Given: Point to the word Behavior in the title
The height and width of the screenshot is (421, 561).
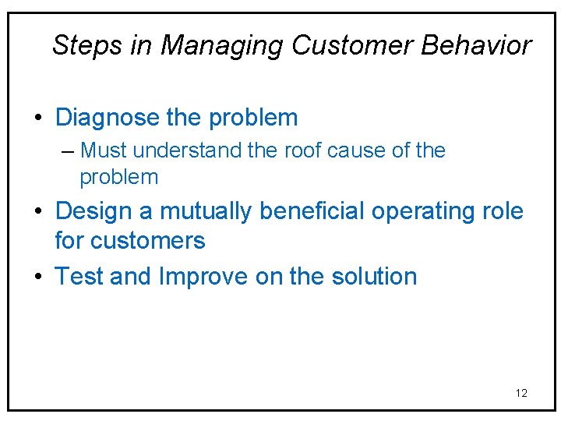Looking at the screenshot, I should (x=476, y=45).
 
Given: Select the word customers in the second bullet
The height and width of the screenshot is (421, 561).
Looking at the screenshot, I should (x=148, y=241).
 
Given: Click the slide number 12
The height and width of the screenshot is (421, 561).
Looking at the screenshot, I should (x=521, y=393).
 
